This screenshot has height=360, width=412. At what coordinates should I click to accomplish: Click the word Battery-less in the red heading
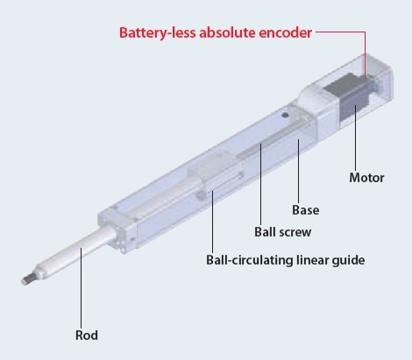click(158, 32)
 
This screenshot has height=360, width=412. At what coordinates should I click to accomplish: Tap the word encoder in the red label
click(286, 32)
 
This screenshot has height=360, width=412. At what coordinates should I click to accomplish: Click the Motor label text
click(366, 178)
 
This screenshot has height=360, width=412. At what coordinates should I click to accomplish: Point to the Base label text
click(306, 210)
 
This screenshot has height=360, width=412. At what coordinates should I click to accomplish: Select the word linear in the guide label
click(309, 259)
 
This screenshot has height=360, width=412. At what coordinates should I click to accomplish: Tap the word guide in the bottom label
click(348, 260)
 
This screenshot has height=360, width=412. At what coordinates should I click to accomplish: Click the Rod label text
click(87, 335)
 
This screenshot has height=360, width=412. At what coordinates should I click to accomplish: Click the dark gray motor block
click(348, 96)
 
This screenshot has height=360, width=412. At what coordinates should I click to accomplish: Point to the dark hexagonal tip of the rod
click(27, 279)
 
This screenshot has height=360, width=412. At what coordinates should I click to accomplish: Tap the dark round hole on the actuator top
click(285, 115)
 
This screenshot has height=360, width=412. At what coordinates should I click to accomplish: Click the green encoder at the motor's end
click(373, 81)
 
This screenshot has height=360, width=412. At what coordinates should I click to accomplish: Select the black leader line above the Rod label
click(82, 288)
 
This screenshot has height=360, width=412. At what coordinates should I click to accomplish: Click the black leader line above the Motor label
click(356, 138)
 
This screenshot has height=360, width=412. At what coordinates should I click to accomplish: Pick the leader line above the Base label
click(298, 171)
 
